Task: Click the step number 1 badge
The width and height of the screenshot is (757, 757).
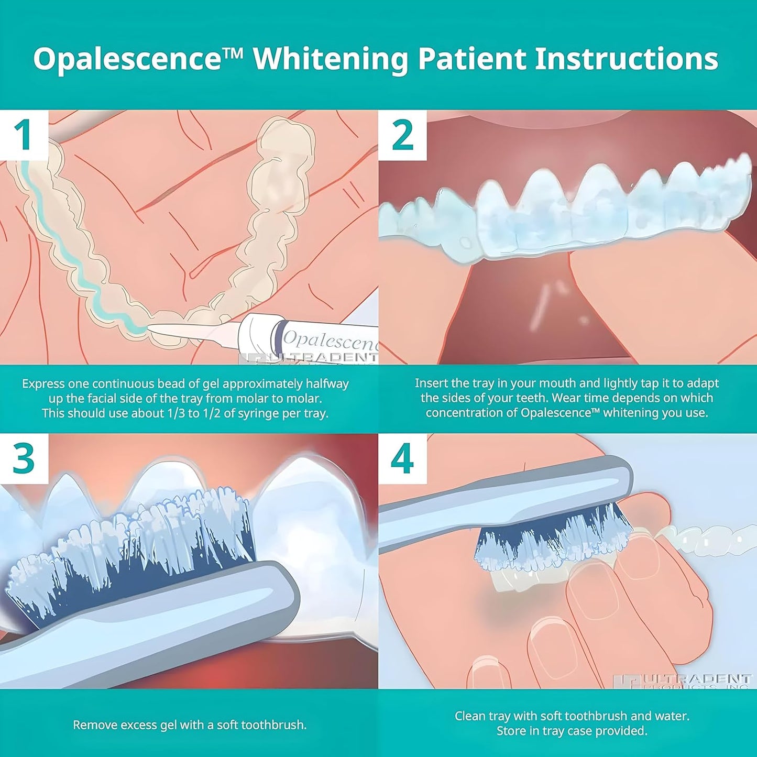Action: [x=23, y=135]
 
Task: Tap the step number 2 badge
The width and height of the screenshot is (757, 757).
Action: [x=402, y=135]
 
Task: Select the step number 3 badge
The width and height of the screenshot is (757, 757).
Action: [x=23, y=459]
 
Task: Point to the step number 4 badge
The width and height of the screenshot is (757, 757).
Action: [x=402, y=459]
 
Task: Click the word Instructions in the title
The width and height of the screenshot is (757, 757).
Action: [x=626, y=59]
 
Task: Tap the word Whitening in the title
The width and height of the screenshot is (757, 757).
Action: [x=331, y=59]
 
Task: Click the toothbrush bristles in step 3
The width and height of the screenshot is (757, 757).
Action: [x=131, y=555]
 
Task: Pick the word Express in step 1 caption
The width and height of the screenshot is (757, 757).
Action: [x=43, y=384]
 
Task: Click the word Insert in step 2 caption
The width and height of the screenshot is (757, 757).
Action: [x=431, y=383]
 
